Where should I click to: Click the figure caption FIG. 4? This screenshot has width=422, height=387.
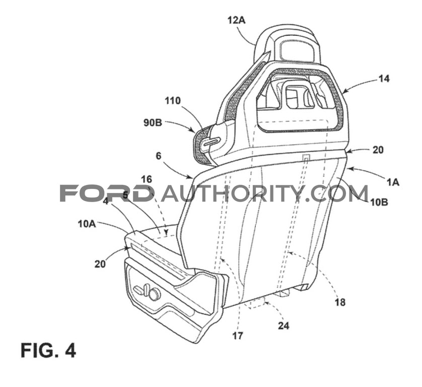click(x=48, y=350)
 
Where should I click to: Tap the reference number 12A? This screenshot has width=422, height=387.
click(x=237, y=20)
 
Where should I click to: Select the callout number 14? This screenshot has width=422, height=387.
click(x=384, y=79)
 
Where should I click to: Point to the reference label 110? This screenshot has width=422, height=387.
click(x=173, y=101)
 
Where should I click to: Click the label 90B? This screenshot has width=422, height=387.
click(x=153, y=123)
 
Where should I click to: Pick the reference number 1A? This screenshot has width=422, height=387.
click(x=393, y=182)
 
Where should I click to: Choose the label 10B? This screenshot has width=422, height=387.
click(x=379, y=202)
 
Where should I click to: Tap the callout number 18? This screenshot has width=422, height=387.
click(x=340, y=302)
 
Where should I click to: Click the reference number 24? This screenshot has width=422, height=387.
click(x=284, y=326)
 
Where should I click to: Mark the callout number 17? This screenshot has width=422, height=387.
click(x=238, y=336)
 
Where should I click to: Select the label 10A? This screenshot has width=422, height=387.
click(x=87, y=224)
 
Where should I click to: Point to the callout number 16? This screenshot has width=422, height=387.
click(x=147, y=179)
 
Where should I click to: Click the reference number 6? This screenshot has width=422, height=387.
click(x=159, y=156)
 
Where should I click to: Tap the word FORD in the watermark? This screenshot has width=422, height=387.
click(x=105, y=193)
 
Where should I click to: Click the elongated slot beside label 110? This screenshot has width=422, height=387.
click(x=212, y=142)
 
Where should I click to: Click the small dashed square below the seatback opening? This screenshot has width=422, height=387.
click(x=306, y=157)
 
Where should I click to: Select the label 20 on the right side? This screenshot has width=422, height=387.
click(x=378, y=150)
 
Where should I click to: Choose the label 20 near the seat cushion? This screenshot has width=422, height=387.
click(x=100, y=264)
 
